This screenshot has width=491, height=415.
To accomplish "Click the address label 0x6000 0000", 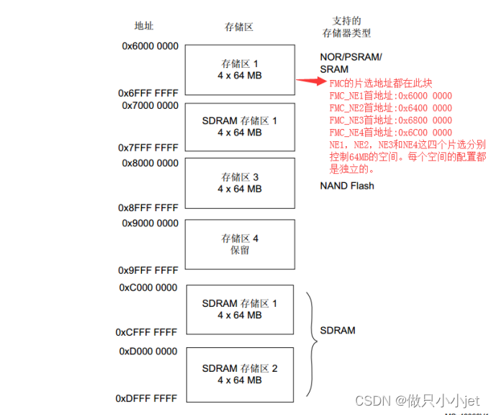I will (150, 46).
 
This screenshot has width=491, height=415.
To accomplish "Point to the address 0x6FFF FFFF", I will (148, 94).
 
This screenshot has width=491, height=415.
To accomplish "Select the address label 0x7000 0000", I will (150, 106).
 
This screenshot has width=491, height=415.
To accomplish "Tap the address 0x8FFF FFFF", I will (148, 208).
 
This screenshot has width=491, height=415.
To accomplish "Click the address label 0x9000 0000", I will (150, 223).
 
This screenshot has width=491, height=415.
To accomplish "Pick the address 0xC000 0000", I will (148, 288).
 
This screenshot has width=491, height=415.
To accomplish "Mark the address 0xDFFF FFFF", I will (146, 398).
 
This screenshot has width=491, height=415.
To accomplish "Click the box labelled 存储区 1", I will (240, 70).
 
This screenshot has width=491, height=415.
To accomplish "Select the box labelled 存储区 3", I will (240, 183).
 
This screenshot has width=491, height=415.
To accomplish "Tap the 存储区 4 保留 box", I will (240, 244).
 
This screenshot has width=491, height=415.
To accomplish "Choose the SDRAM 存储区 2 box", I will (240, 374).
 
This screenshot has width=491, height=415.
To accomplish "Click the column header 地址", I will (144, 26).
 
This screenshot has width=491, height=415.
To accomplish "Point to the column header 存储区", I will (239, 27).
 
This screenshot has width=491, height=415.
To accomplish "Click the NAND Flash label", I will (347, 186).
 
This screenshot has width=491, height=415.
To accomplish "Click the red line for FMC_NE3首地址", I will (390, 120).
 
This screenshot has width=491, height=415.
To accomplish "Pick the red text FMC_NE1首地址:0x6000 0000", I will (390, 96).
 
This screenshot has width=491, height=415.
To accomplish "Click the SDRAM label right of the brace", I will (338, 331).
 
